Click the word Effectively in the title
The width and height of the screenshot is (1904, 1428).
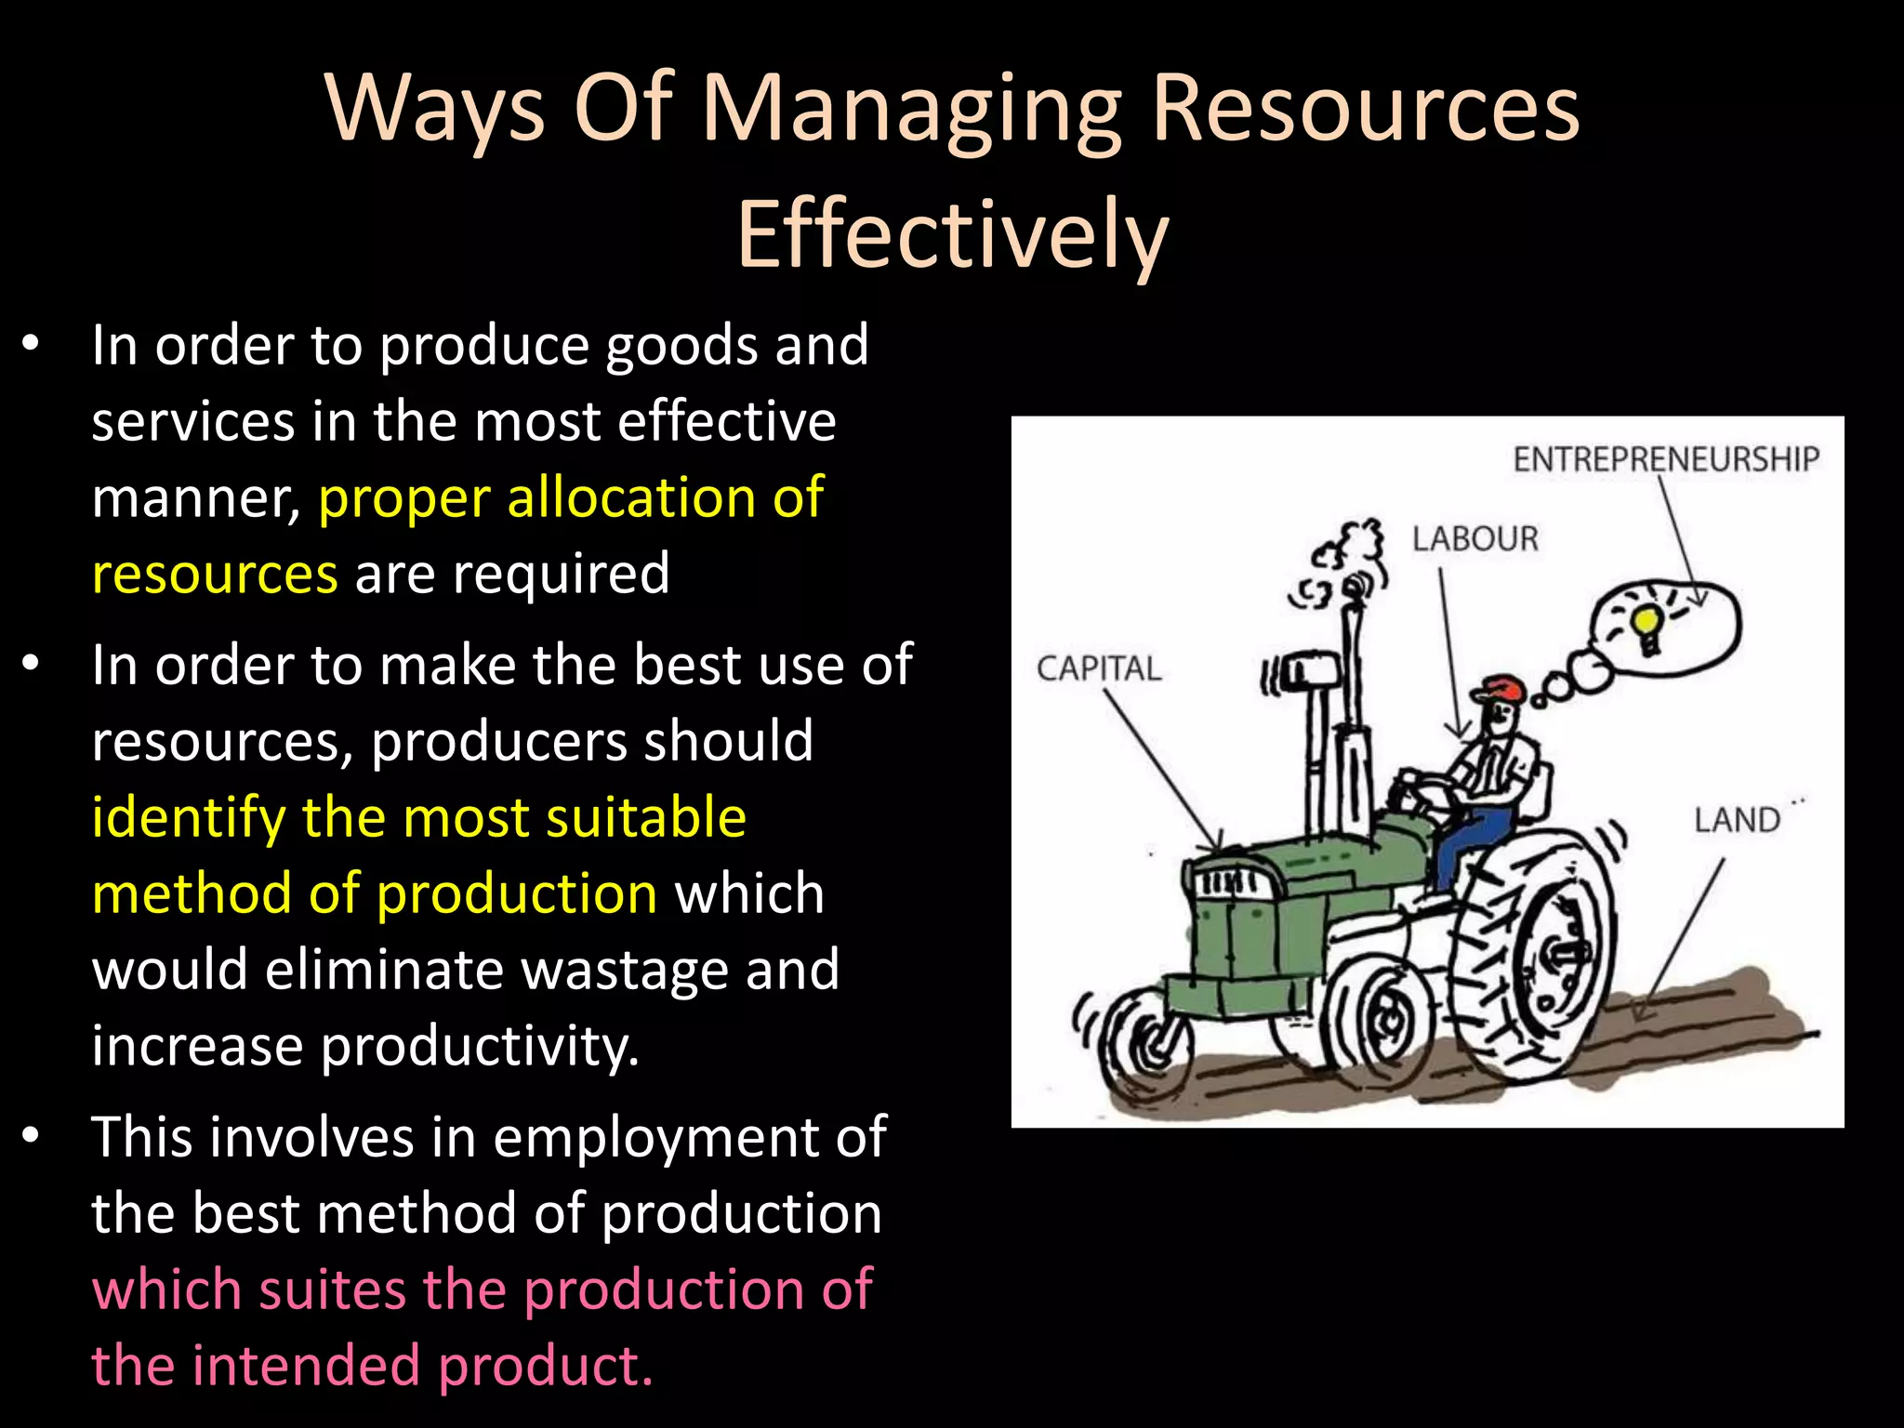click(x=952, y=234)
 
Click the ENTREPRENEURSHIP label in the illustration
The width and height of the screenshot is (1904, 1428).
click(x=1665, y=459)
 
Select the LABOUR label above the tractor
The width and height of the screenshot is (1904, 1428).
click(x=1475, y=539)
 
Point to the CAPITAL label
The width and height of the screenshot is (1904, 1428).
click(x=1099, y=668)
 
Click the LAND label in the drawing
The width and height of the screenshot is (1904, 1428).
click(x=1736, y=820)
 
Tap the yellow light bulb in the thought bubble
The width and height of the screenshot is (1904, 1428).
click(x=1646, y=626)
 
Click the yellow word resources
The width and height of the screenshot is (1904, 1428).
click(x=215, y=574)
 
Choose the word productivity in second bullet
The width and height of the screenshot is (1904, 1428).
click(x=480, y=1047)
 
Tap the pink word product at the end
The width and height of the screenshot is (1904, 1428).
click(x=545, y=1367)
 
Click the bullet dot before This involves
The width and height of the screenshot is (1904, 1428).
click(x=31, y=1136)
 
